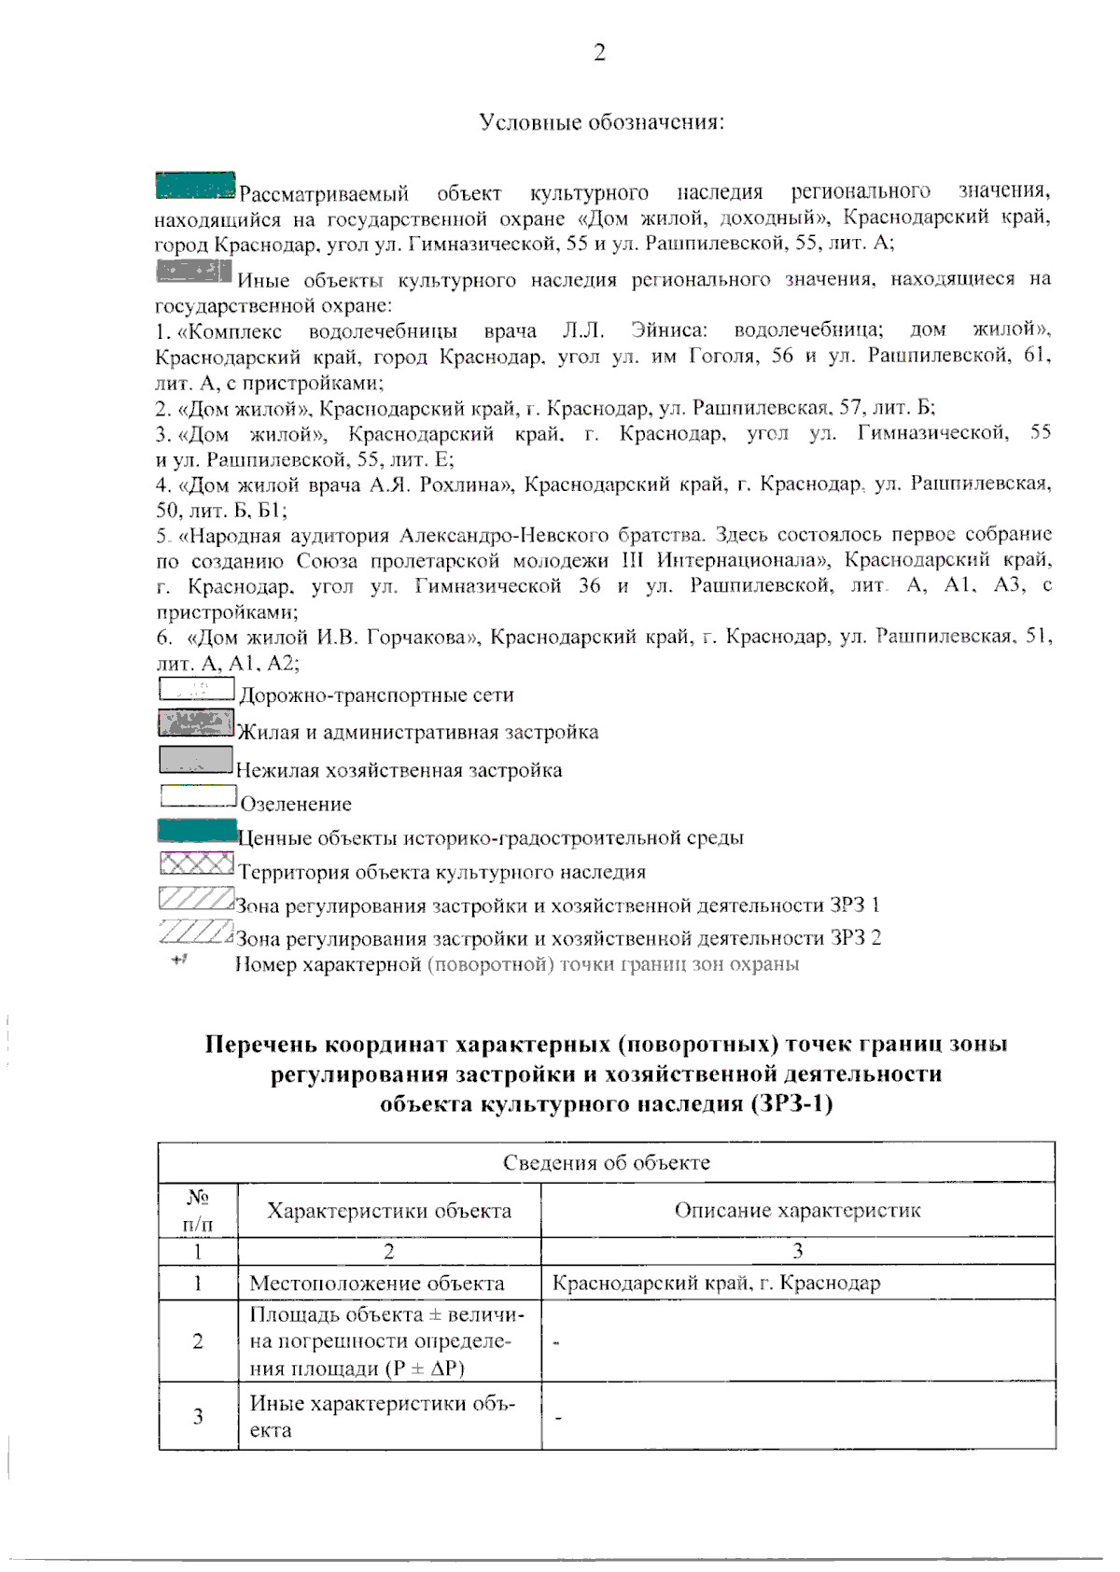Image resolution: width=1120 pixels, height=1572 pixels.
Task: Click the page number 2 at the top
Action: pos(599,53)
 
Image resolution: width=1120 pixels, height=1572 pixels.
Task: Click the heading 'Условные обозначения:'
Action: pos(602,122)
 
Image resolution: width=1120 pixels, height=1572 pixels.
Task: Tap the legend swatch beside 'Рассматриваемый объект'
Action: pos(195,185)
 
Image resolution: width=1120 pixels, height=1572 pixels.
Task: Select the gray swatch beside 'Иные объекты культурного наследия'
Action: pos(193,272)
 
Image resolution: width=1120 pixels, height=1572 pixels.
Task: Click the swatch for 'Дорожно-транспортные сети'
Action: pos(196,689)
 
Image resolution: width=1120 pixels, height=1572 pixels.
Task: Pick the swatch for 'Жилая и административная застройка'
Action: pos(195,723)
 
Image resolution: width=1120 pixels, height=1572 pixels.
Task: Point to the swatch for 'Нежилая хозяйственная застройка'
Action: pos(195,760)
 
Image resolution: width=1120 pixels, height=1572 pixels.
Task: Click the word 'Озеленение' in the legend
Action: pos(296,804)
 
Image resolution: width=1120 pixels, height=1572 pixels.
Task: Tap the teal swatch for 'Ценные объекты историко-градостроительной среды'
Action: pos(197,830)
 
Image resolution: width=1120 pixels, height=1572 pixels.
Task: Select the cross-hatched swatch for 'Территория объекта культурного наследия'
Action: pos(196,863)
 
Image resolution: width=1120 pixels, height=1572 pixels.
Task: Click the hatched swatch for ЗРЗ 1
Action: pos(195,898)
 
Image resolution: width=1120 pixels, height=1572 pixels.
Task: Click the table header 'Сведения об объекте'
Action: pos(606,1162)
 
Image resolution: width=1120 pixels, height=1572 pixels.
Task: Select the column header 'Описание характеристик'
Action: pos(797,1211)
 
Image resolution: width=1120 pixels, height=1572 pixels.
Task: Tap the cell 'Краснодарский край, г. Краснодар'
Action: pos(716,1283)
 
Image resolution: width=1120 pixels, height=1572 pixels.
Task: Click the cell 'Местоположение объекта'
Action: pos(377,1283)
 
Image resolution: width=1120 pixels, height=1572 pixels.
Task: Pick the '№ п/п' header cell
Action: pos(197,1210)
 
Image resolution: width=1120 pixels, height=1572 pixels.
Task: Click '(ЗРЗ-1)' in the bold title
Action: pos(789,1103)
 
